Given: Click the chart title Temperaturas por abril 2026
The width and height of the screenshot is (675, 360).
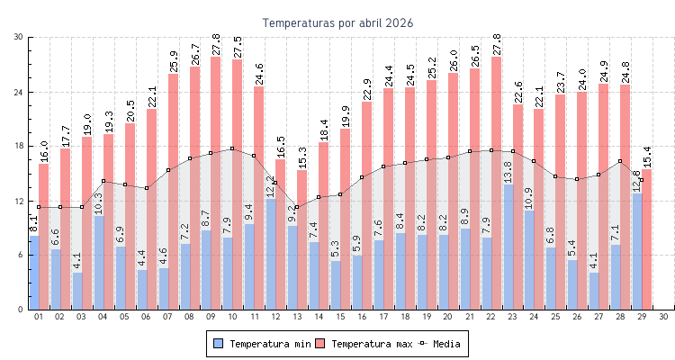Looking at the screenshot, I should point(337,22).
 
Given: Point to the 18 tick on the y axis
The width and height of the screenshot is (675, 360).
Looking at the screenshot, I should point(19,146).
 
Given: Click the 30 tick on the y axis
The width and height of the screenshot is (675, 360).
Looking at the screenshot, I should point(19,37).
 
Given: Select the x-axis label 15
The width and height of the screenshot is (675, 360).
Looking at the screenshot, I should point(341,317).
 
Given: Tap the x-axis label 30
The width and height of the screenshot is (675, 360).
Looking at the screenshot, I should point(663,317).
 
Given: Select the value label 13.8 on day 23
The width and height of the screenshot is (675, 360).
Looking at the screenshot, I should point(508,173).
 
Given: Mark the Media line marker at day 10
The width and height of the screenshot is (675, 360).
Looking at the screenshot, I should point(232,148).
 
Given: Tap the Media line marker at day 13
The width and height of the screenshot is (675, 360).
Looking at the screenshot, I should point(297,207).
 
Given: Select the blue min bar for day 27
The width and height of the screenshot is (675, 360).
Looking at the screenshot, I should point(595,291).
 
